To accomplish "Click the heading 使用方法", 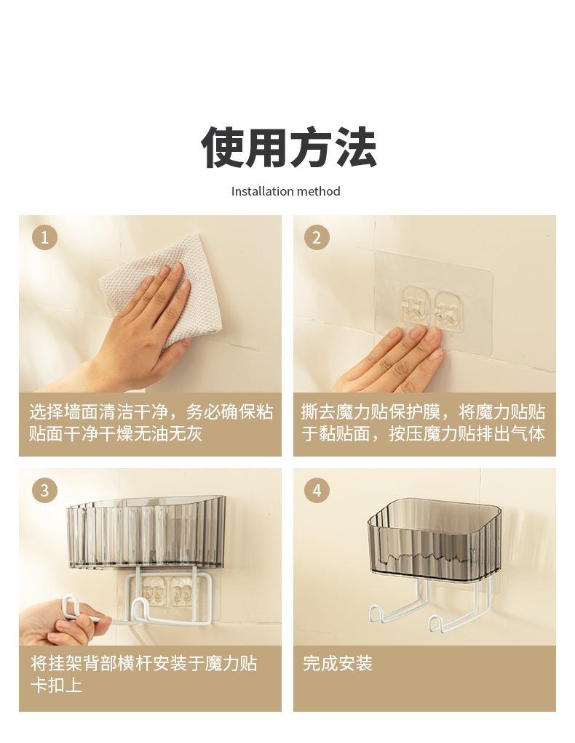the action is click(x=288, y=148).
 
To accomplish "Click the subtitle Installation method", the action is click(x=285, y=191).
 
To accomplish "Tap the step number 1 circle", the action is click(x=44, y=237).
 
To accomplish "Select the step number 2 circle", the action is click(x=317, y=237).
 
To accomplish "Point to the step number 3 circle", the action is click(x=44, y=490).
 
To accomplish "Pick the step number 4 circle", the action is click(x=317, y=490).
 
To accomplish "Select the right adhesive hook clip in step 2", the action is click(x=448, y=310).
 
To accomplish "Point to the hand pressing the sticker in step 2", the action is click(x=392, y=360).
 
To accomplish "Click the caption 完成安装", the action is click(x=338, y=663).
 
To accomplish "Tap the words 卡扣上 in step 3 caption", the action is click(x=57, y=685).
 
